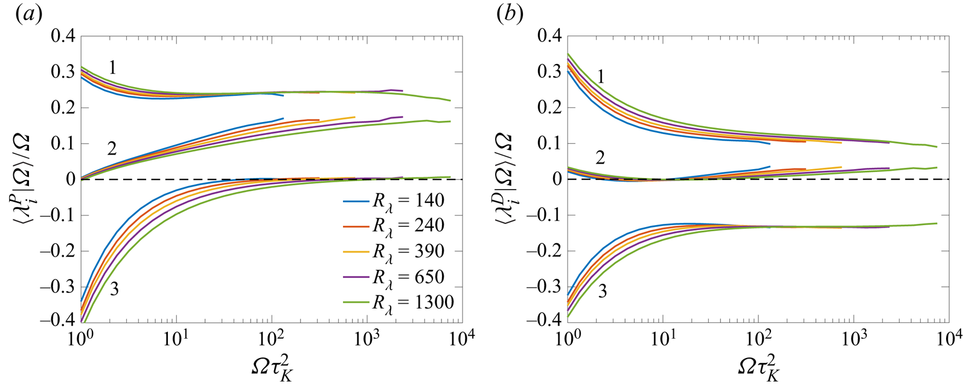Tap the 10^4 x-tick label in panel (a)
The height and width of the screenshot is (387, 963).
461,338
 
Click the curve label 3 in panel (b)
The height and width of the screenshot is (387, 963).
602,292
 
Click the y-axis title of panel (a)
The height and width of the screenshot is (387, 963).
22,179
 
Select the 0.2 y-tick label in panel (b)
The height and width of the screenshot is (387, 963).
549,107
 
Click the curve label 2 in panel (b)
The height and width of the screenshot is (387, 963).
600,158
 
